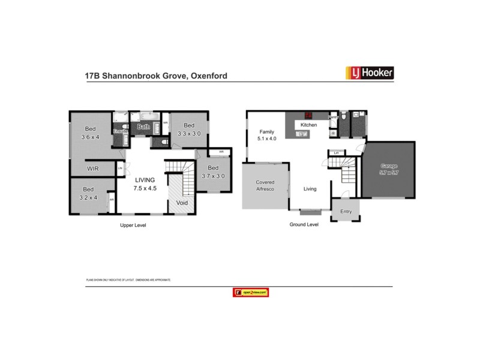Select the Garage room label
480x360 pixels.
point(389,169)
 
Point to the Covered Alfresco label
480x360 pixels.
point(265,185)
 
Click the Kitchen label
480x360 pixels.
point(308,125)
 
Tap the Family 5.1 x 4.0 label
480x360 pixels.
point(266,135)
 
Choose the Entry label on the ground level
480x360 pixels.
point(346,211)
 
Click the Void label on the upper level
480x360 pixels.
point(182,203)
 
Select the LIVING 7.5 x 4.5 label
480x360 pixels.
point(145,184)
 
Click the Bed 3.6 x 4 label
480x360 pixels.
point(91,133)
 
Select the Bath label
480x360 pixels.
point(144,127)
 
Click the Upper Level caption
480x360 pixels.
point(133,226)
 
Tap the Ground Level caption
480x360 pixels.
point(305,225)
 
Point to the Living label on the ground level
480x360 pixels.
point(310,189)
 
